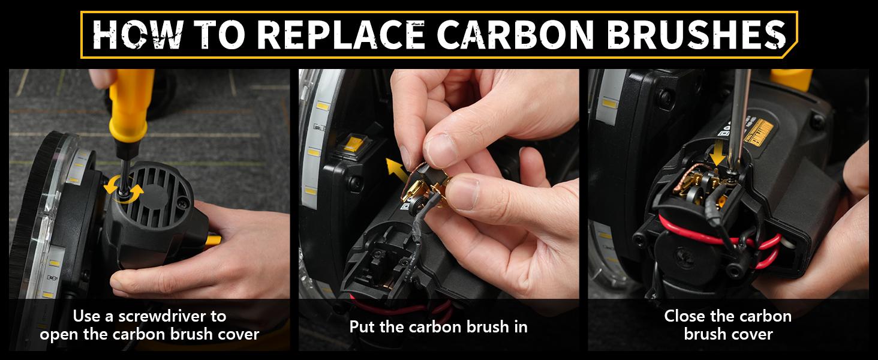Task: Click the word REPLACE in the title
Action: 341,35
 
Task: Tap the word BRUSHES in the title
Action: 697,35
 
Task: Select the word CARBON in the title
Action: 515,35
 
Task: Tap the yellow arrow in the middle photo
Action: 396,170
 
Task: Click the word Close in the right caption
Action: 682,316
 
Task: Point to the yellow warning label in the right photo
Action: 757,133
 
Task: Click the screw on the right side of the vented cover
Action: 183,203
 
